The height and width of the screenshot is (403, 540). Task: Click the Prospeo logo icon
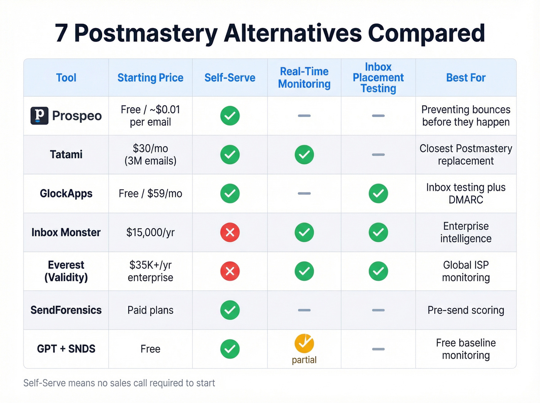(39, 116)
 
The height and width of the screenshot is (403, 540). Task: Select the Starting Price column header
(150, 78)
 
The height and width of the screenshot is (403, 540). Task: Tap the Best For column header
(466, 78)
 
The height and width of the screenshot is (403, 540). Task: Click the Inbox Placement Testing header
(378, 78)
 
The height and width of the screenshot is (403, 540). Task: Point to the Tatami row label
(66, 155)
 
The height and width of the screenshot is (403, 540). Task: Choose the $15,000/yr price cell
(150, 233)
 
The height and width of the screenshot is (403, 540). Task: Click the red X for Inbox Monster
(230, 233)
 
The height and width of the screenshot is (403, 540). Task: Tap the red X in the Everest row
(230, 271)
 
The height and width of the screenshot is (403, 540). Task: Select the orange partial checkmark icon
(304, 343)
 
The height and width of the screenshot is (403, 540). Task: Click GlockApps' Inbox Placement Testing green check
(378, 193)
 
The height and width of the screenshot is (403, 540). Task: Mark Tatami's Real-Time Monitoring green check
(304, 155)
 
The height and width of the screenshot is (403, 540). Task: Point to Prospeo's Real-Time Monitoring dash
(304, 116)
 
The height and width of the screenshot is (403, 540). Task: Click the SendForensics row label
(66, 310)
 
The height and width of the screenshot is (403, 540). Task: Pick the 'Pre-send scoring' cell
(466, 310)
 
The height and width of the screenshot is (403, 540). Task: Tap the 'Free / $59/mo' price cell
(150, 193)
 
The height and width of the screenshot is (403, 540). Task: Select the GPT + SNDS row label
(66, 349)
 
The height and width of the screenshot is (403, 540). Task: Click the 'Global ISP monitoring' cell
(466, 271)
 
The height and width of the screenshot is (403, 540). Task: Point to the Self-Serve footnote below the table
(119, 383)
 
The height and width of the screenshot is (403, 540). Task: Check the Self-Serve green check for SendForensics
(230, 310)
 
